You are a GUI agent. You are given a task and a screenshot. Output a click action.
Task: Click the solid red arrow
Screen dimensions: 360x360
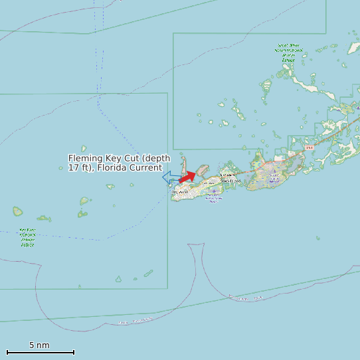(187, 177)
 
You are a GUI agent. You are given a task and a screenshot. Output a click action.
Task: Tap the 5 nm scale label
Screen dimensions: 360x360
(39, 345)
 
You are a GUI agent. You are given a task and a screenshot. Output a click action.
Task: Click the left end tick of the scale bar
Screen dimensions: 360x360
(7, 352)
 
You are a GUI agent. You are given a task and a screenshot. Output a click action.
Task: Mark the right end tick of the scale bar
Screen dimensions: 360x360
(74, 352)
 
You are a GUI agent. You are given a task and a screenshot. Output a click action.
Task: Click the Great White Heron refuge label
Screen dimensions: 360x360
(288, 52)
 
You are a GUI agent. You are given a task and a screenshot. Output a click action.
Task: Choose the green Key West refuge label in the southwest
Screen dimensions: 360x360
(28, 238)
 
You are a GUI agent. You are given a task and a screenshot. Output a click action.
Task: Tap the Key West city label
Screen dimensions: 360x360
(180, 192)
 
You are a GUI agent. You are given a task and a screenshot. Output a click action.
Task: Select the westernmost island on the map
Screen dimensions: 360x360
(17, 212)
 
